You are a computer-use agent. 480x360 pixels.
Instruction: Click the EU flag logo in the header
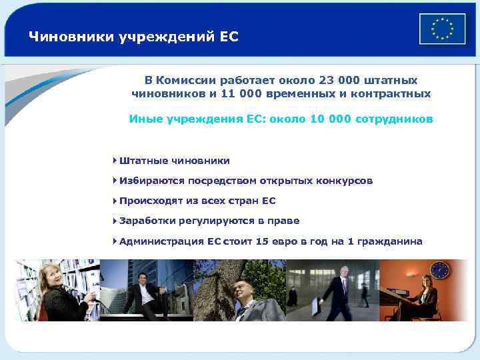coord(442,29)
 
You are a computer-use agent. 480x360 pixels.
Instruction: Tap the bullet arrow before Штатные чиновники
coord(115,161)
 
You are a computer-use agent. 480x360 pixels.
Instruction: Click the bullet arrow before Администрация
coord(115,241)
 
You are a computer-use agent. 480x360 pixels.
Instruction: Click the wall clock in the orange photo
coord(439,269)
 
